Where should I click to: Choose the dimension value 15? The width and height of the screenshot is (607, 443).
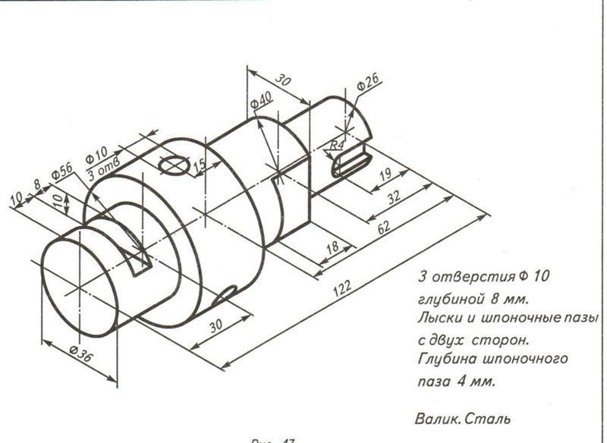[199, 166]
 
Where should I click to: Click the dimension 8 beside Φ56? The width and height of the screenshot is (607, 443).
[37, 187]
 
